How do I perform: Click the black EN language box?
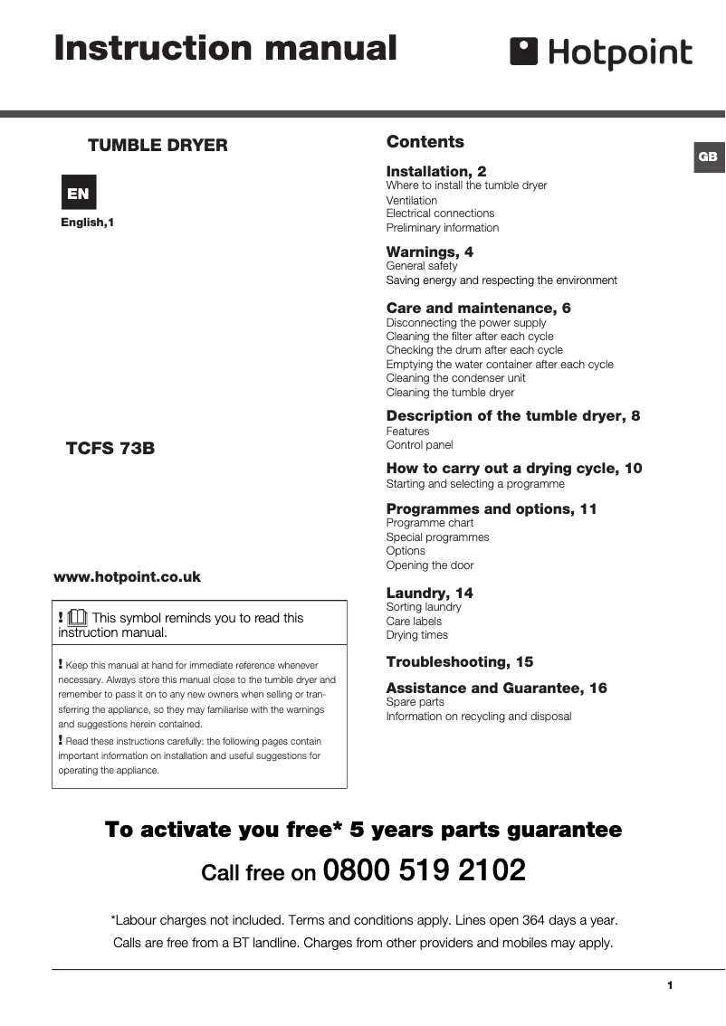(x=78, y=193)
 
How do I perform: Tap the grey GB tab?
(x=708, y=157)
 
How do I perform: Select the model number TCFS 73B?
(x=110, y=448)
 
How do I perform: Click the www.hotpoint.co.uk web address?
(x=128, y=576)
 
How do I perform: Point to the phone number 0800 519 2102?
(x=424, y=870)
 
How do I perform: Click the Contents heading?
(x=425, y=142)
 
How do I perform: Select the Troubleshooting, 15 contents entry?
(x=460, y=661)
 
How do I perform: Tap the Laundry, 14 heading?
(x=429, y=593)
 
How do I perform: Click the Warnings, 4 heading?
(x=429, y=252)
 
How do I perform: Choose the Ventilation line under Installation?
(x=411, y=200)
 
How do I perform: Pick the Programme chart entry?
(x=429, y=523)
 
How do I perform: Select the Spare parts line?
(x=415, y=702)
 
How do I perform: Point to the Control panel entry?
(x=419, y=445)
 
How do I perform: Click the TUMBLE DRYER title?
(x=158, y=146)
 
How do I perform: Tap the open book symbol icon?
(x=77, y=618)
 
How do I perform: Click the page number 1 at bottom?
(x=669, y=985)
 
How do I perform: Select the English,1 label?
(x=88, y=222)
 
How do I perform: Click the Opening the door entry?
(x=430, y=565)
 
